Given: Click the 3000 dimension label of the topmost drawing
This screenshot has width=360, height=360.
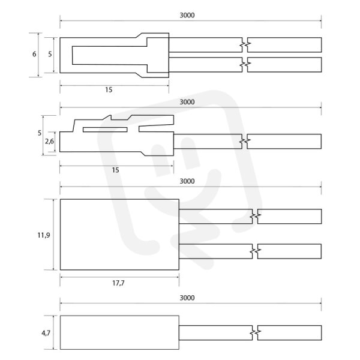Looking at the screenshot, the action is pos(187,16).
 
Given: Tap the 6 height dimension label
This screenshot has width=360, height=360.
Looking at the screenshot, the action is pos(34,54).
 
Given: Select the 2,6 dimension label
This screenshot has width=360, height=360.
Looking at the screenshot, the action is pos(49,142).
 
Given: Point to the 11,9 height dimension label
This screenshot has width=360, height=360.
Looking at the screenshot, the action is pos(44,235).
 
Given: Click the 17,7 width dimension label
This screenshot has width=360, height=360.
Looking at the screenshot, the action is pos(118,283).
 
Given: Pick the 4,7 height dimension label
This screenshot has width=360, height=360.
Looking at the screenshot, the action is pos(46,333).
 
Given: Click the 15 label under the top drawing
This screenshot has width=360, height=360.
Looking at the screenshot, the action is pos(109,90).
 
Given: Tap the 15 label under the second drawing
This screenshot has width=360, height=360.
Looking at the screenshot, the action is pos(115,170).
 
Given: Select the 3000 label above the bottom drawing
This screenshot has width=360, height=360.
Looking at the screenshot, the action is pos(187,298).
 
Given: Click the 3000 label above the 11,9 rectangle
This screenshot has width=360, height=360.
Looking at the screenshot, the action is pos(187,181).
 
